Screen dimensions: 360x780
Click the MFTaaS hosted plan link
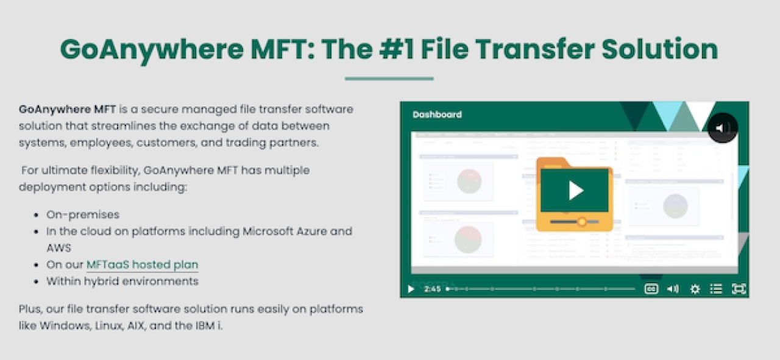[142, 265]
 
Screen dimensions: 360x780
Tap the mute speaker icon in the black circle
[723, 128]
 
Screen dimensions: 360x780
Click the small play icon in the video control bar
[411, 289]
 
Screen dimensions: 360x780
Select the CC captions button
[651, 289]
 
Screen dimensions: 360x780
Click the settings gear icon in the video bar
[695, 289]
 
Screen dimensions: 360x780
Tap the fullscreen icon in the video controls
[739, 289]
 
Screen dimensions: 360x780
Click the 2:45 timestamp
[431, 289]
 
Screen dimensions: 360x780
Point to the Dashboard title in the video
[437, 115]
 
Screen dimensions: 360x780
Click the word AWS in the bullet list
[58, 248]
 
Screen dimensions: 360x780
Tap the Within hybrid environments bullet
[122, 281]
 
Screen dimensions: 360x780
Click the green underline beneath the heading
[389, 79]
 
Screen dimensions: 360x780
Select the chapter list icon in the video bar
[716, 289]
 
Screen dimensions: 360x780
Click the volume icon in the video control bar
[673, 289]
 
